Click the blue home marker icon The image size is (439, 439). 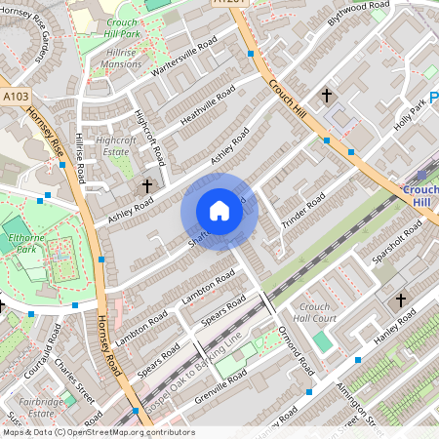click(219, 211)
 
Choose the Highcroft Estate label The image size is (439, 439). click(115, 145)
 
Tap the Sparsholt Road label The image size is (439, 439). click(398, 244)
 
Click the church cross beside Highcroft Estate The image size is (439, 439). click(148, 185)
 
